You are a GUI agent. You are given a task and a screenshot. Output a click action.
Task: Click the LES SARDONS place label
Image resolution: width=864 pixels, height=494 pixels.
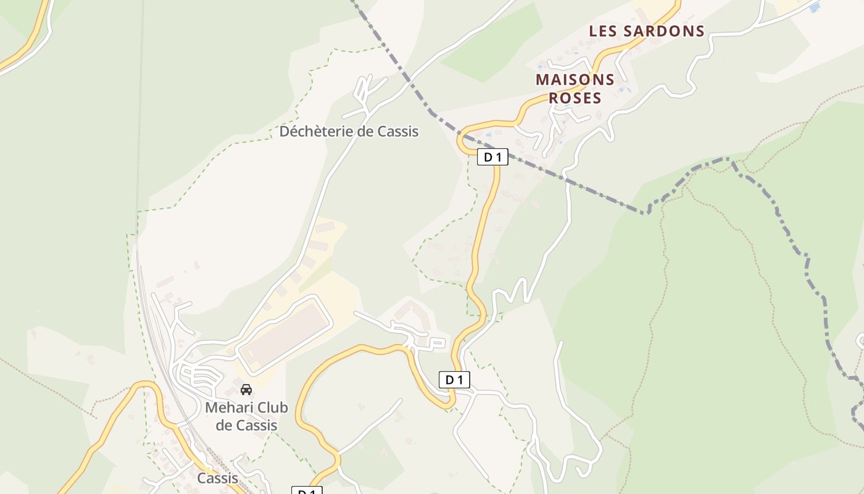647,31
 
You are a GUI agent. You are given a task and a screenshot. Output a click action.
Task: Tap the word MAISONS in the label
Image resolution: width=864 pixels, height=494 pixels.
575,80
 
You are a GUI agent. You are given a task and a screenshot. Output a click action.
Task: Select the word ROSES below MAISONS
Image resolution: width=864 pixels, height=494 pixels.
575,98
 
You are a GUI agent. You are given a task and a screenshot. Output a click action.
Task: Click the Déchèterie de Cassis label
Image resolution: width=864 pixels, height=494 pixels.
349,132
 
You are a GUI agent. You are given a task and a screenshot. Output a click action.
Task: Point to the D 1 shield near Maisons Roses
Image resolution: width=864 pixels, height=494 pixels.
492,157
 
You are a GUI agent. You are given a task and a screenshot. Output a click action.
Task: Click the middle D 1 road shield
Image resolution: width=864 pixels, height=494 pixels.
454,380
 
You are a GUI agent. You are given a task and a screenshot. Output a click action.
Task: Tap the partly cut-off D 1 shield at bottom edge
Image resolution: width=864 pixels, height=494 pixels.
307,491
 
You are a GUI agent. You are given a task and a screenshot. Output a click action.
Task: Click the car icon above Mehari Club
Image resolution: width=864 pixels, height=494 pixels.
246,390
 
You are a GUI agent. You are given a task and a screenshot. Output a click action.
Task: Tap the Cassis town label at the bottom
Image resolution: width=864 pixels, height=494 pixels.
217,478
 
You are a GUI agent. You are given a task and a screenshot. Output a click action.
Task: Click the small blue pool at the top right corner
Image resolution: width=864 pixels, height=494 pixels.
815,7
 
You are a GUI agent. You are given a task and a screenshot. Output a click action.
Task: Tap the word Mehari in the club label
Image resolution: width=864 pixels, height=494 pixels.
229,408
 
